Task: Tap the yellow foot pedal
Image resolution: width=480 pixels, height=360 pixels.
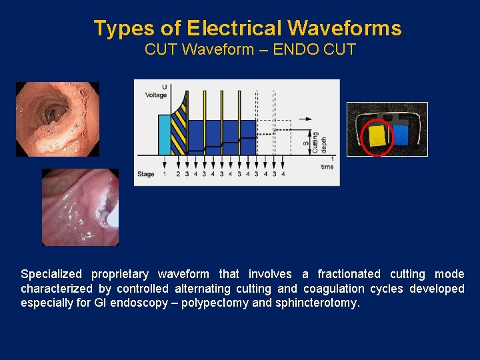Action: tap(377, 135)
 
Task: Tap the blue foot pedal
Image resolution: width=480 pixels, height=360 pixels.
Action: tap(400, 135)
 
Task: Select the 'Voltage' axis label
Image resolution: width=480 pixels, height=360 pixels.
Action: tap(156, 95)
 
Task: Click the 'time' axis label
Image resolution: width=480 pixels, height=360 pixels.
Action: tap(327, 167)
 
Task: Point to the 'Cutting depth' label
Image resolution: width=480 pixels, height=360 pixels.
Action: tap(315, 142)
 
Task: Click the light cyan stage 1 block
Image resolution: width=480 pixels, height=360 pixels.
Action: tap(165, 135)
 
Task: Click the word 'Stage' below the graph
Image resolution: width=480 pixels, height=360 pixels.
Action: tap(146, 174)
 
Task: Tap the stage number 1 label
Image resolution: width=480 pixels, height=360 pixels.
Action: tap(164, 174)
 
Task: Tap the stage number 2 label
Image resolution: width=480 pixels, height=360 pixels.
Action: tap(178, 174)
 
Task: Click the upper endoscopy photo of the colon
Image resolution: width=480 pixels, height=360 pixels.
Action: tap(57, 119)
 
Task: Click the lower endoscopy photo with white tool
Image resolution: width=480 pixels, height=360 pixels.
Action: tap(80, 207)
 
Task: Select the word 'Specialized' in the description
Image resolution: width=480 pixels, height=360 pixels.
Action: tap(52, 274)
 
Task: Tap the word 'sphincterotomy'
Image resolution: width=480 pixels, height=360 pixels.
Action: tap(317, 303)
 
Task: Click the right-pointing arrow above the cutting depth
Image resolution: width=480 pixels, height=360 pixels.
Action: tap(303, 119)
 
